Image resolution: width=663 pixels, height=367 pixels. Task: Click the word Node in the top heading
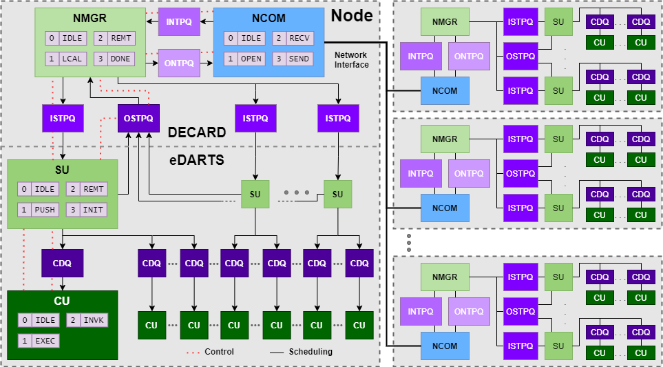(x=352, y=14)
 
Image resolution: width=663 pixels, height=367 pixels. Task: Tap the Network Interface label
(x=351, y=59)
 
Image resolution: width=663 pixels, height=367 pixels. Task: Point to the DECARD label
(x=196, y=132)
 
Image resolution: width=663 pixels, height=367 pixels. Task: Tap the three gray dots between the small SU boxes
(x=296, y=191)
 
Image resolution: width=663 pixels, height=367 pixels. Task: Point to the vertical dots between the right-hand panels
(x=408, y=242)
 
